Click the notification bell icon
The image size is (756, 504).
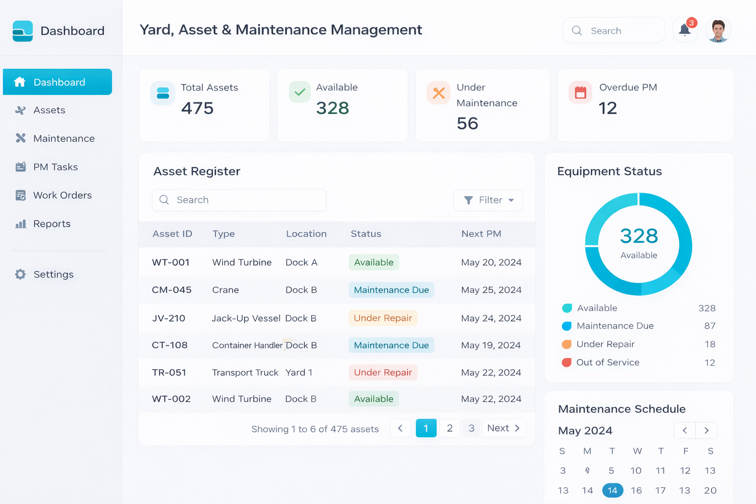(x=685, y=30)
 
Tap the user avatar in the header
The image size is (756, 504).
(x=718, y=31)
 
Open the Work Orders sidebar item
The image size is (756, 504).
(x=62, y=195)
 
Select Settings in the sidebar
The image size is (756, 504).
(x=53, y=274)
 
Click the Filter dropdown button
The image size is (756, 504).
(x=488, y=200)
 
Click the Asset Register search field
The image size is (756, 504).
(x=239, y=200)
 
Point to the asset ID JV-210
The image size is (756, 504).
(x=169, y=318)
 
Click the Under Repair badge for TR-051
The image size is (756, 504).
(x=383, y=373)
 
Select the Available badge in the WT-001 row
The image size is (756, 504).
(x=374, y=262)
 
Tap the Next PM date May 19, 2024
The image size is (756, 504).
(x=491, y=346)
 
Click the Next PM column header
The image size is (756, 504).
(x=481, y=234)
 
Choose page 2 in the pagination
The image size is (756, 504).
(x=449, y=428)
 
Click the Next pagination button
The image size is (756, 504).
(x=504, y=428)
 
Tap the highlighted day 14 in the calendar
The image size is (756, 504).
(x=612, y=490)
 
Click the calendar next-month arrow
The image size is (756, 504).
(x=706, y=430)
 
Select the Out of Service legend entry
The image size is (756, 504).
(x=607, y=363)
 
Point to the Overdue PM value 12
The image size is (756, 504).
(x=608, y=108)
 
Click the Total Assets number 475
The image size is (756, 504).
(x=197, y=108)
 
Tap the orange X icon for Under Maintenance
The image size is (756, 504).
(x=439, y=93)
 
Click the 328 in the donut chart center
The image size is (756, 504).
(x=639, y=236)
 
